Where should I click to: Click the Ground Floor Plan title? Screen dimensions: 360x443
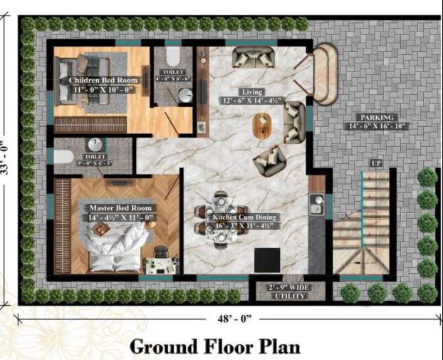(x=214, y=347)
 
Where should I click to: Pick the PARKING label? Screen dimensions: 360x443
(x=377, y=117)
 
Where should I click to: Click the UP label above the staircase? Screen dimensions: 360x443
(x=376, y=163)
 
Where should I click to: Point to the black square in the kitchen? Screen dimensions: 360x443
(x=267, y=259)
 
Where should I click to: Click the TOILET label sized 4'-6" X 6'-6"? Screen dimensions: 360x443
(x=173, y=73)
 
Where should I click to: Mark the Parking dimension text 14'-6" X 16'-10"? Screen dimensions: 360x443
(x=377, y=126)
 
